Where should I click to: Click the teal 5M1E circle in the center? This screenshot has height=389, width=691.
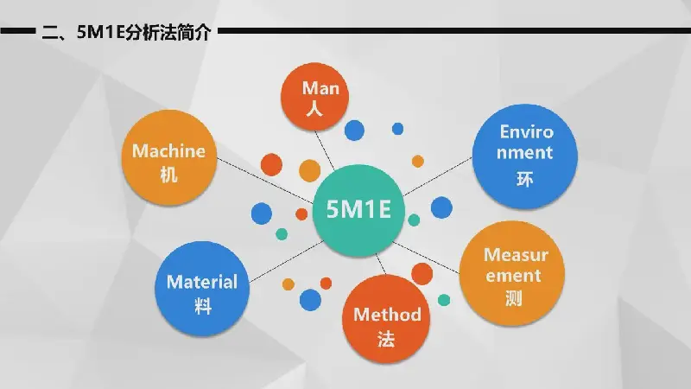pos(358,210)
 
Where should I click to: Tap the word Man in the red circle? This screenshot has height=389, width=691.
pos(320,88)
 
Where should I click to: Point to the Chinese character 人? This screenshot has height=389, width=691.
pos(314,108)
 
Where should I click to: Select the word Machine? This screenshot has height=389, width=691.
pos(168,151)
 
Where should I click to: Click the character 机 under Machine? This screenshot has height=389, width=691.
pos(168,175)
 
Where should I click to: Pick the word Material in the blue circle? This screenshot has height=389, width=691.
pos(202,282)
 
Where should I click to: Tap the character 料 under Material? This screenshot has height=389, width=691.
pos(203,305)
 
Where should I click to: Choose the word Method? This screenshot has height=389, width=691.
pos(387,315)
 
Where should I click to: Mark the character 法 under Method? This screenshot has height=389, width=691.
pos(386,339)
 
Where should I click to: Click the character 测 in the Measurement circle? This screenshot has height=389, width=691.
pos(514,298)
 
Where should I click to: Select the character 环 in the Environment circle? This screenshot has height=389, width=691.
pos(525,179)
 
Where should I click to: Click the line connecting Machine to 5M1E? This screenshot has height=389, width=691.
pos(265,181)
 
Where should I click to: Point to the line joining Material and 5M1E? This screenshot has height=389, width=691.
pos(287,262)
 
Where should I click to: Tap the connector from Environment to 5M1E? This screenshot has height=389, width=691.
pos(438,176)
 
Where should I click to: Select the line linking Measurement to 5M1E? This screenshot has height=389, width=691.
pos(426,258)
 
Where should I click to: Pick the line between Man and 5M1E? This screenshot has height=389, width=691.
pos(325,150)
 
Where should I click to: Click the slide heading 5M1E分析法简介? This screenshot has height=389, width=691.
pos(143,32)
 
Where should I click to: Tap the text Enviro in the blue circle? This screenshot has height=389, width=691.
pos(526,131)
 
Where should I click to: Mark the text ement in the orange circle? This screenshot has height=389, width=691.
pos(513,276)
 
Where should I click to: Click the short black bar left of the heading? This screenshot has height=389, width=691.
pos(18,31)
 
